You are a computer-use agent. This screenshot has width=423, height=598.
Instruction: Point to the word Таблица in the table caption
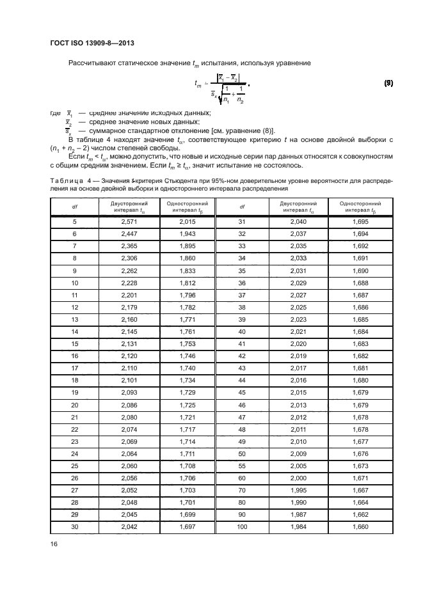66,181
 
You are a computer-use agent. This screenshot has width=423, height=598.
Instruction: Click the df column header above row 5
74,207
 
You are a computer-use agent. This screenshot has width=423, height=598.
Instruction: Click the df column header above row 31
242,207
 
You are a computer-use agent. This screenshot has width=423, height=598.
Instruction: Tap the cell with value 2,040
298,221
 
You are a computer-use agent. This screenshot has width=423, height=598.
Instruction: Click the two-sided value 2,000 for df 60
298,478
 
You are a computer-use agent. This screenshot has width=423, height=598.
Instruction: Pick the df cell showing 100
242,527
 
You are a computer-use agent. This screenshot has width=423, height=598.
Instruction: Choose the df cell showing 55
242,466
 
